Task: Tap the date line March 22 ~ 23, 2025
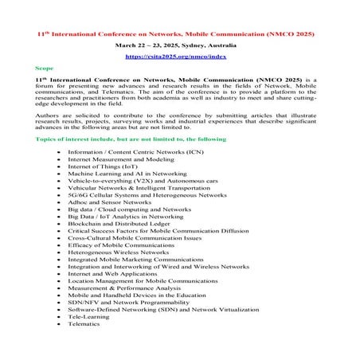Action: [179, 46]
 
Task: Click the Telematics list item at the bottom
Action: [84, 324]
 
